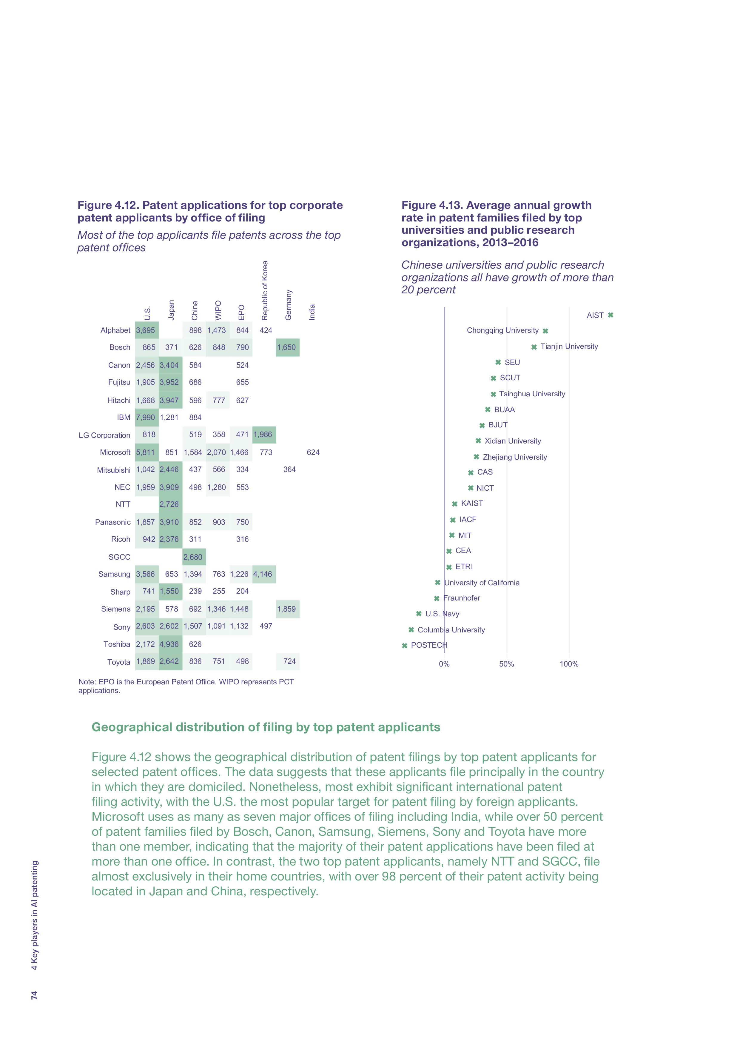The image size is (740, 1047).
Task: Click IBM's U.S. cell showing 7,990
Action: pos(145,417)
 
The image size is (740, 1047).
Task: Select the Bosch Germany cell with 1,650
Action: pos(287,347)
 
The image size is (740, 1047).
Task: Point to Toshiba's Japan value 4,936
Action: pos(169,644)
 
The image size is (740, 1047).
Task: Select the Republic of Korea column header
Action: pos(265,290)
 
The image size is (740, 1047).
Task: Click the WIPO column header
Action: pos(218,310)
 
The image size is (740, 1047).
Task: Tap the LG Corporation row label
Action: pos(104,435)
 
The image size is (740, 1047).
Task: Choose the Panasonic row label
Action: pos(112,522)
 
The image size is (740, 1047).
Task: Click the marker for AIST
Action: pos(610,315)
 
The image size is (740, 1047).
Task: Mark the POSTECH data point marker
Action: pos(404,646)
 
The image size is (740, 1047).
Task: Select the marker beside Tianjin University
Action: pos(534,347)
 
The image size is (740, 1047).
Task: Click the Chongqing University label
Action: pos(502,330)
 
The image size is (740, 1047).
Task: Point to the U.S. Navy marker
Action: pos(419,614)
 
